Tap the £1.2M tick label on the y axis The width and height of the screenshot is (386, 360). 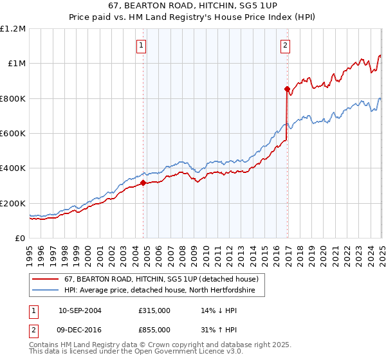[x=13, y=28]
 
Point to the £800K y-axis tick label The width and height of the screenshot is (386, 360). [x=12, y=98]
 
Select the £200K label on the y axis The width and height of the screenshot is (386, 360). [x=12, y=203]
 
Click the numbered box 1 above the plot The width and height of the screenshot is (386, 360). [x=141, y=45]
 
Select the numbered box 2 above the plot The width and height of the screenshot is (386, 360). [x=284, y=45]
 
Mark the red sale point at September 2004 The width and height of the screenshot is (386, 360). [x=143, y=183]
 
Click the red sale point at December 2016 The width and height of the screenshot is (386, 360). [x=287, y=89]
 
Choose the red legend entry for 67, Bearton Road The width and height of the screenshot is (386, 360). [x=161, y=279]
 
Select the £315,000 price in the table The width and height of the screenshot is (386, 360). [x=154, y=310]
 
